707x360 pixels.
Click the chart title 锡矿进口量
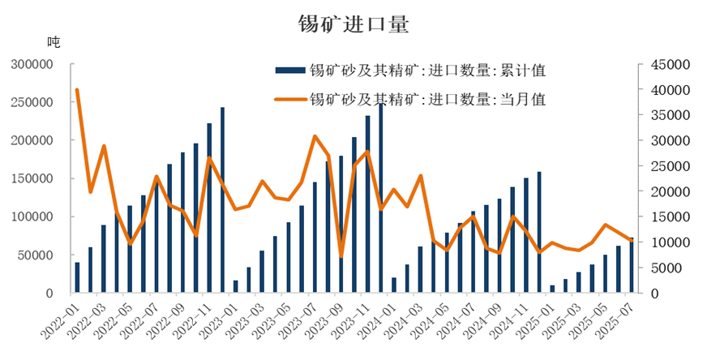click(353, 24)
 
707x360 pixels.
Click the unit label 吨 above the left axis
click(54, 42)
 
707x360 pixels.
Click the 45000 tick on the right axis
click(671, 64)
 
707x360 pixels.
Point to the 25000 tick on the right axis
click(671, 165)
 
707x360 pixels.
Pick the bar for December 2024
click(539, 233)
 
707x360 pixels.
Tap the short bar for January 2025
click(552, 289)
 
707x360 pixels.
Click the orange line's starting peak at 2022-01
click(77, 90)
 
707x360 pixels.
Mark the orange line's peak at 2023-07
click(315, 136)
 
